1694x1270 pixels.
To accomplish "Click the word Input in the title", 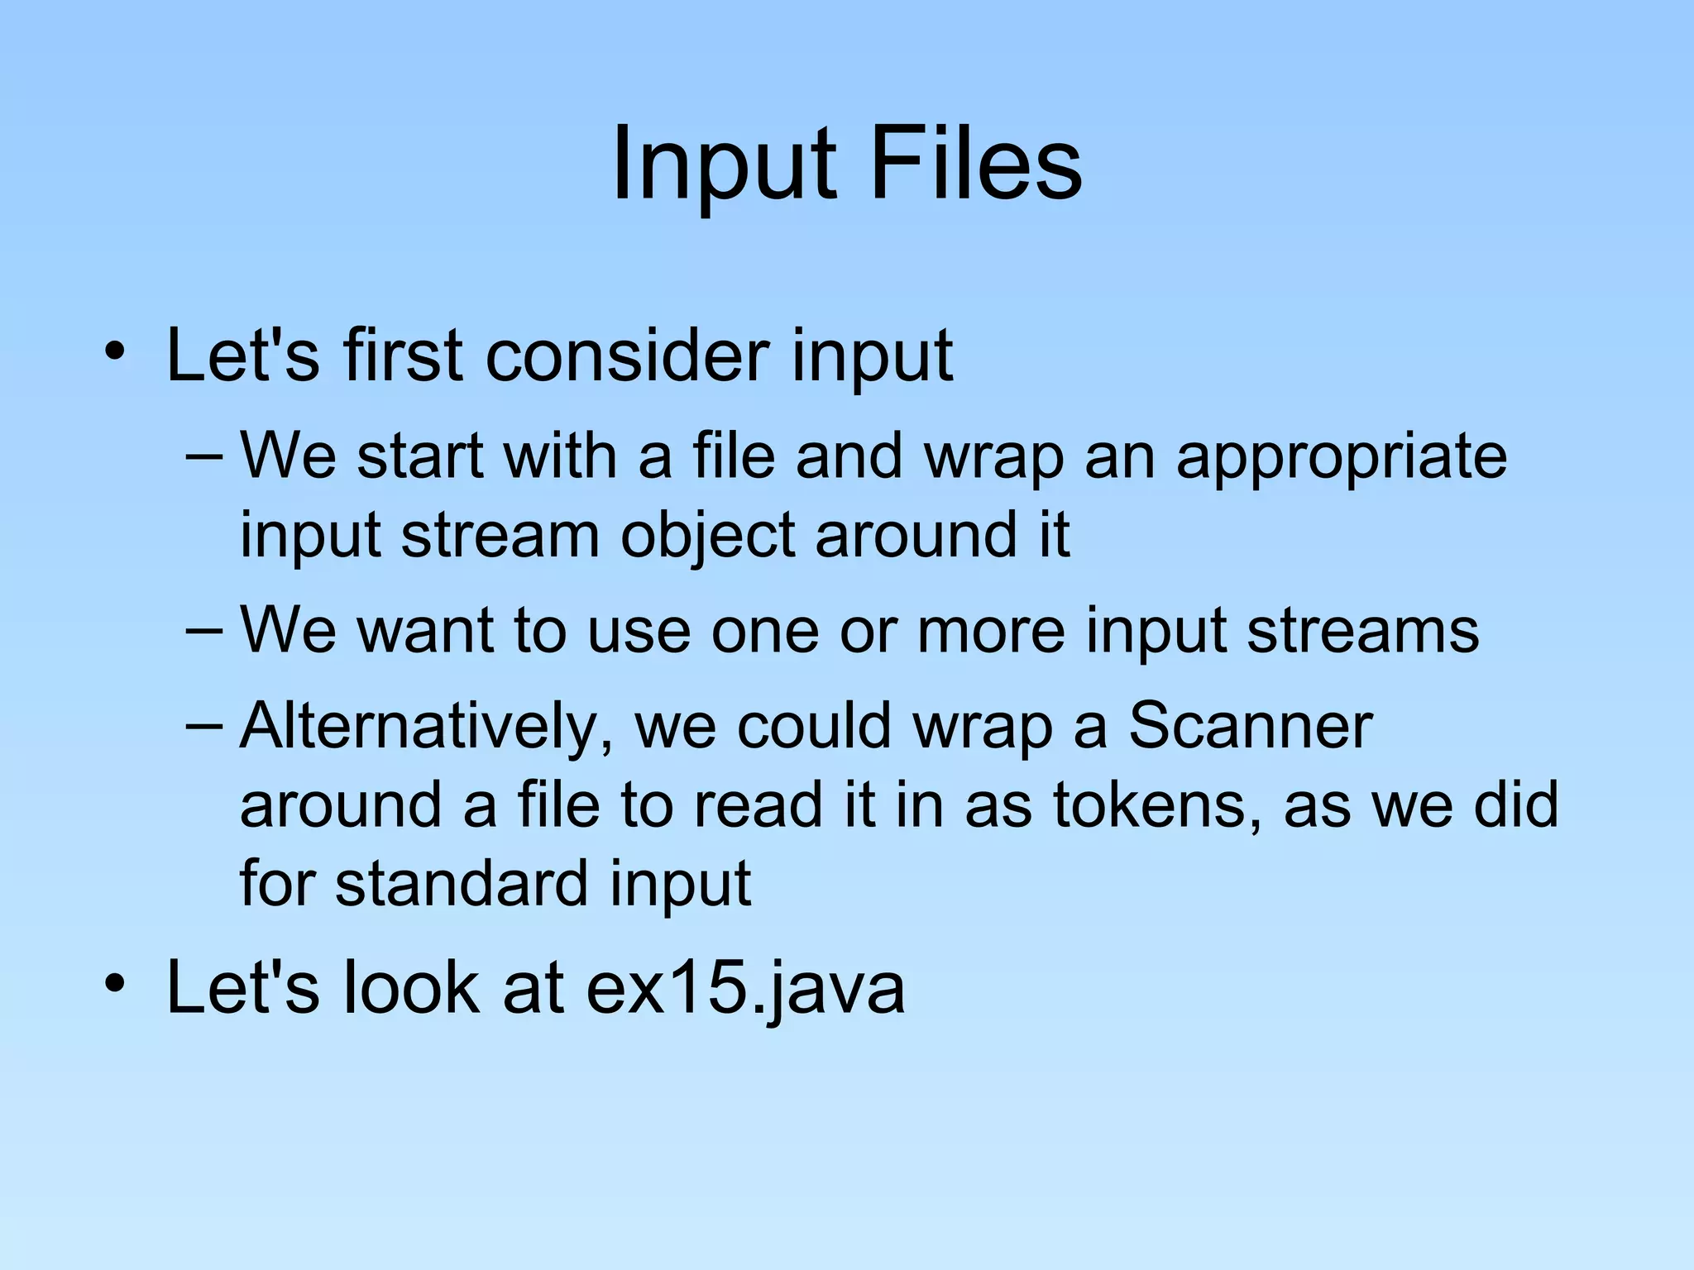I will click(724, 165).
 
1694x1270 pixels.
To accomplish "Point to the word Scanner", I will click(1250, 725).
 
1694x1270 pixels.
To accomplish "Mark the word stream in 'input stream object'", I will click(500, 535).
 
